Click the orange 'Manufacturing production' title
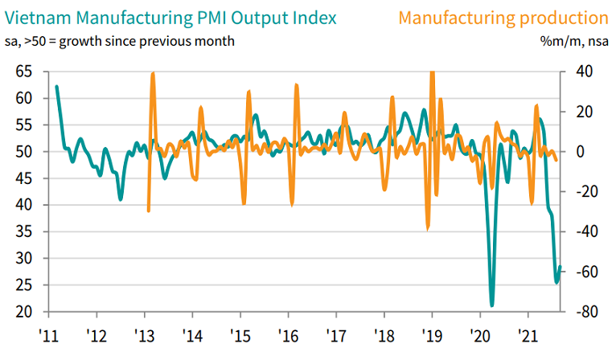tap(503, 17)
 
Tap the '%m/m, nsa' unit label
tap(576, 40)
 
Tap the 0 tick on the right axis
tap(579, 152)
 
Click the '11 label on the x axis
tap(48, 334)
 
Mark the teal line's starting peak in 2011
tap(56, 86)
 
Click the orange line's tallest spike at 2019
tap(433, 73)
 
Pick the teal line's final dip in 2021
tap(556, 282)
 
